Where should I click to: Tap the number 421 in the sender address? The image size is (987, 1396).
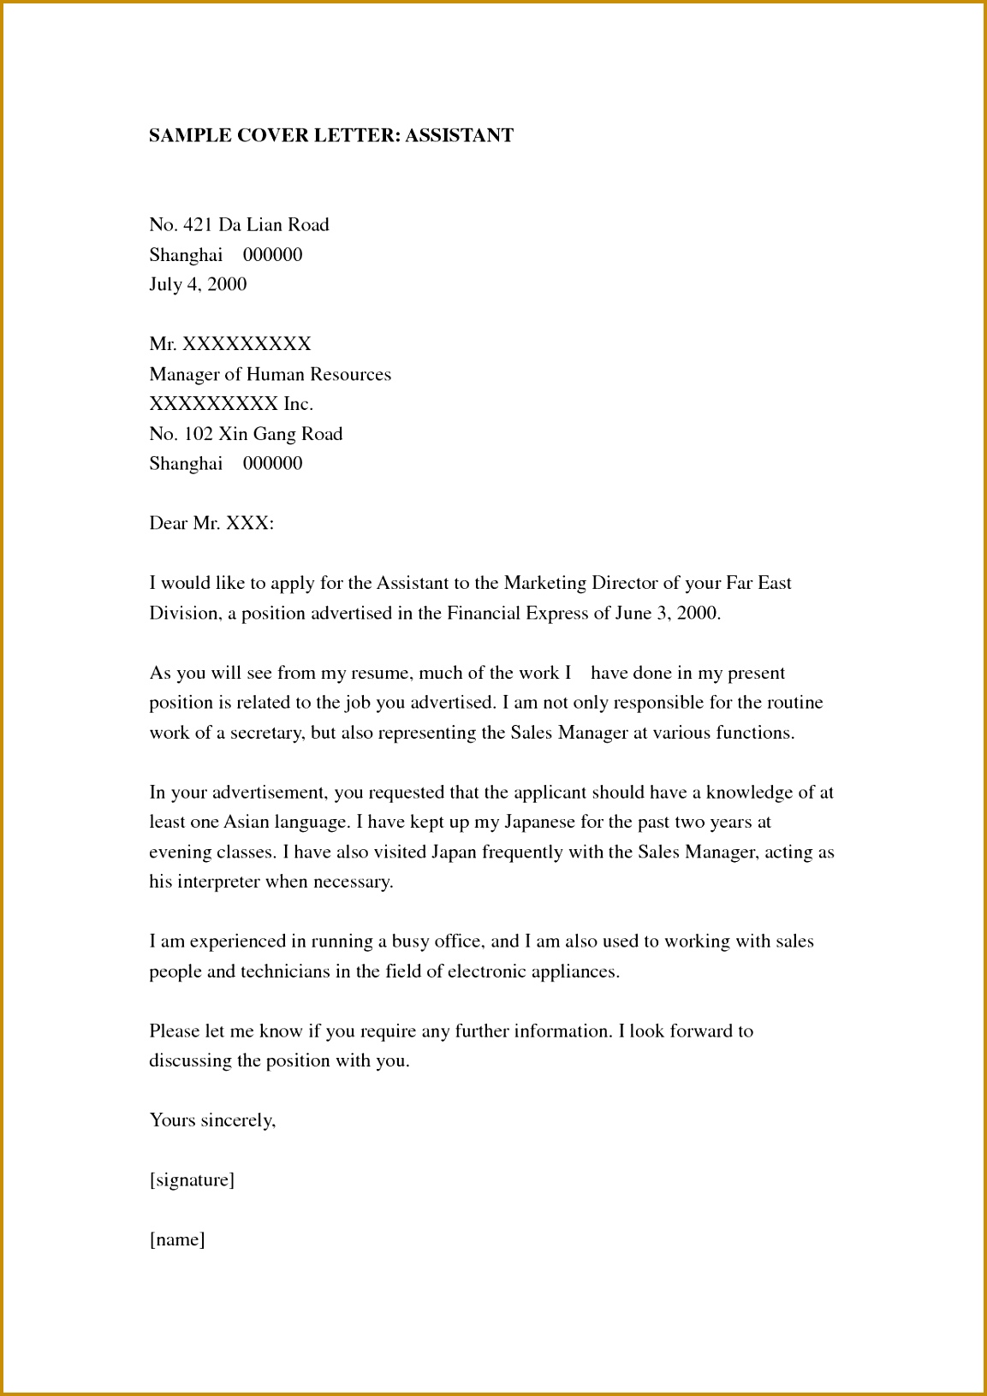point(198,225)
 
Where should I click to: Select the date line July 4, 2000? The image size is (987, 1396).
point(198,284)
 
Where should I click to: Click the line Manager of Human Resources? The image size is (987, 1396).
point(270,374)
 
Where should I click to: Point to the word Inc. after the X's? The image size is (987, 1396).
point(298,404)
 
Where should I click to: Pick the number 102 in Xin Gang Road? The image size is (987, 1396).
point(198,434)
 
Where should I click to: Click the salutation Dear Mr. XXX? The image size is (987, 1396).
point(211,523)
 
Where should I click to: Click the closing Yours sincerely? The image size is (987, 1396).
point(212,1120)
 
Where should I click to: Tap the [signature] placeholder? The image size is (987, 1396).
point(192,1180)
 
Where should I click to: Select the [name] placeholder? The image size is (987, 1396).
point(177,1239)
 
